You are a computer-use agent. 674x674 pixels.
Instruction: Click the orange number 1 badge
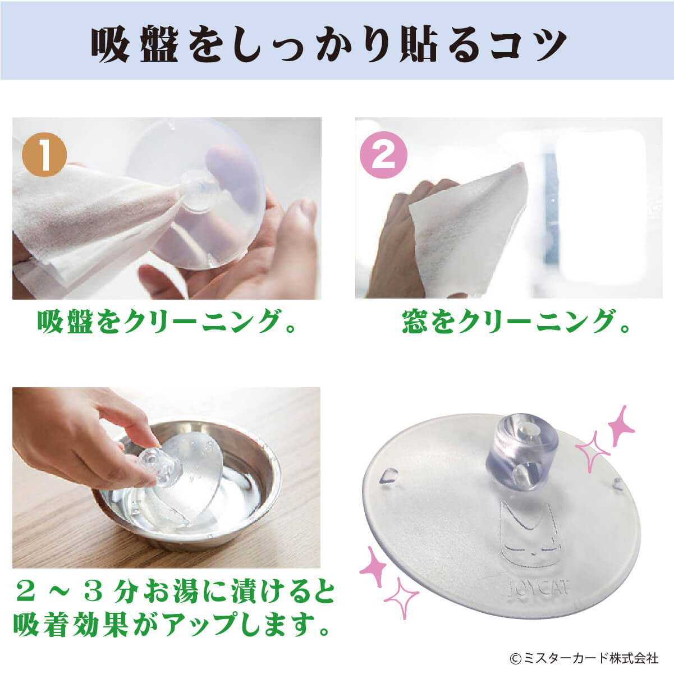point(44,155)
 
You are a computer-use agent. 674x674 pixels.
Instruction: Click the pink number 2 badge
point(384,155)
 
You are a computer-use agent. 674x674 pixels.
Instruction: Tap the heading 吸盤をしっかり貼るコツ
point(328,44)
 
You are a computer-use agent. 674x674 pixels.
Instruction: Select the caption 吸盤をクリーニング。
point(166,321)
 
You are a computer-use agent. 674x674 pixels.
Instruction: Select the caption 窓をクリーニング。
point(516,321)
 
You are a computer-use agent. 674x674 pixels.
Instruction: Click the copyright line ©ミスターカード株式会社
point(584,658)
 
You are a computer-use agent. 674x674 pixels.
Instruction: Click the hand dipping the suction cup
point(84,437)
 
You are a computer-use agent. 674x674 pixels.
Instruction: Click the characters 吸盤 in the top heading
point(135,44)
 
